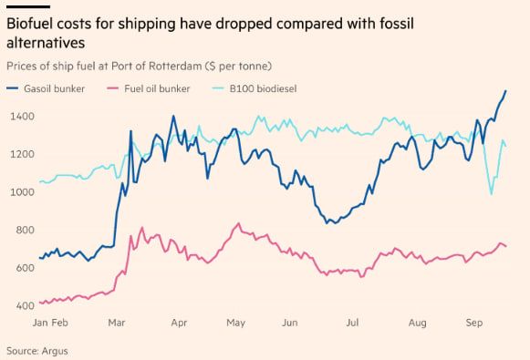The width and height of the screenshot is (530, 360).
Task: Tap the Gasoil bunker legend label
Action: (54, 88)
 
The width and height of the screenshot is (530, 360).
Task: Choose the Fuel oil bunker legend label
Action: (157, 88)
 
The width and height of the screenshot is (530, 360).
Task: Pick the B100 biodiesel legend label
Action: (263, 88)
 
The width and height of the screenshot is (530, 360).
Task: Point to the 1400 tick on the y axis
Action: (22, 117)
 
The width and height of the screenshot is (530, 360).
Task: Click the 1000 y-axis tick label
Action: (22, 192)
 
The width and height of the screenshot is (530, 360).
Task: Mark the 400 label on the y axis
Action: (25, 305)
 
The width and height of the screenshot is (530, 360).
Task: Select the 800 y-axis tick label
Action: (25, 230)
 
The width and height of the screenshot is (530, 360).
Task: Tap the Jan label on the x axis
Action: (40, 323)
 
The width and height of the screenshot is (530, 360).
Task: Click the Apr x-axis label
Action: (179, 323)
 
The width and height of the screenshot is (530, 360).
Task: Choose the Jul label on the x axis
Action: (352, 323)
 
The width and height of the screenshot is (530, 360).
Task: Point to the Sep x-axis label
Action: (473, 323)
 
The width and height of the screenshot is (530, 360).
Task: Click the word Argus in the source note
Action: (55, 351)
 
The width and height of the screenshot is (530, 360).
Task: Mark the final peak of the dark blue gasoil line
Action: (505, 90)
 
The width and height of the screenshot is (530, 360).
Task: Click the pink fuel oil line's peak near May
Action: (239, 223)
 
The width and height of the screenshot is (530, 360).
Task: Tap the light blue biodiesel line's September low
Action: (491, 194)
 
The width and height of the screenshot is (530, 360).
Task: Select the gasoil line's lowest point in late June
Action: (327, 223)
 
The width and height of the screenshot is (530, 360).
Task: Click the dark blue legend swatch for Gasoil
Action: (12, 88)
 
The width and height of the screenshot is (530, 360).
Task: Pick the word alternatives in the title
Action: (46, 43)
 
